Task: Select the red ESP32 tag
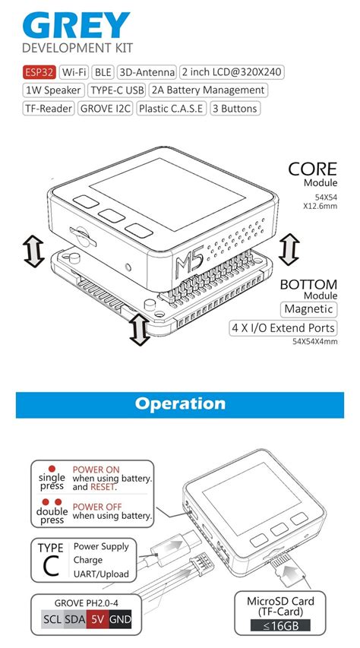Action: (39, 73)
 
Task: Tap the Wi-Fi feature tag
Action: (74, 73)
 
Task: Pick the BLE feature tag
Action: (102, 73)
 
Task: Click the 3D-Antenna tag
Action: (147, 73)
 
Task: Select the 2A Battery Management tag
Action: (208, 90)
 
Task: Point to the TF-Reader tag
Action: (49, 109)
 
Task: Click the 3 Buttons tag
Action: (235, 109)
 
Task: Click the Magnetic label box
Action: (308, 309)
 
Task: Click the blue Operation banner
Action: (180, 404)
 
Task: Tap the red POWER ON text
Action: (97, 469)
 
